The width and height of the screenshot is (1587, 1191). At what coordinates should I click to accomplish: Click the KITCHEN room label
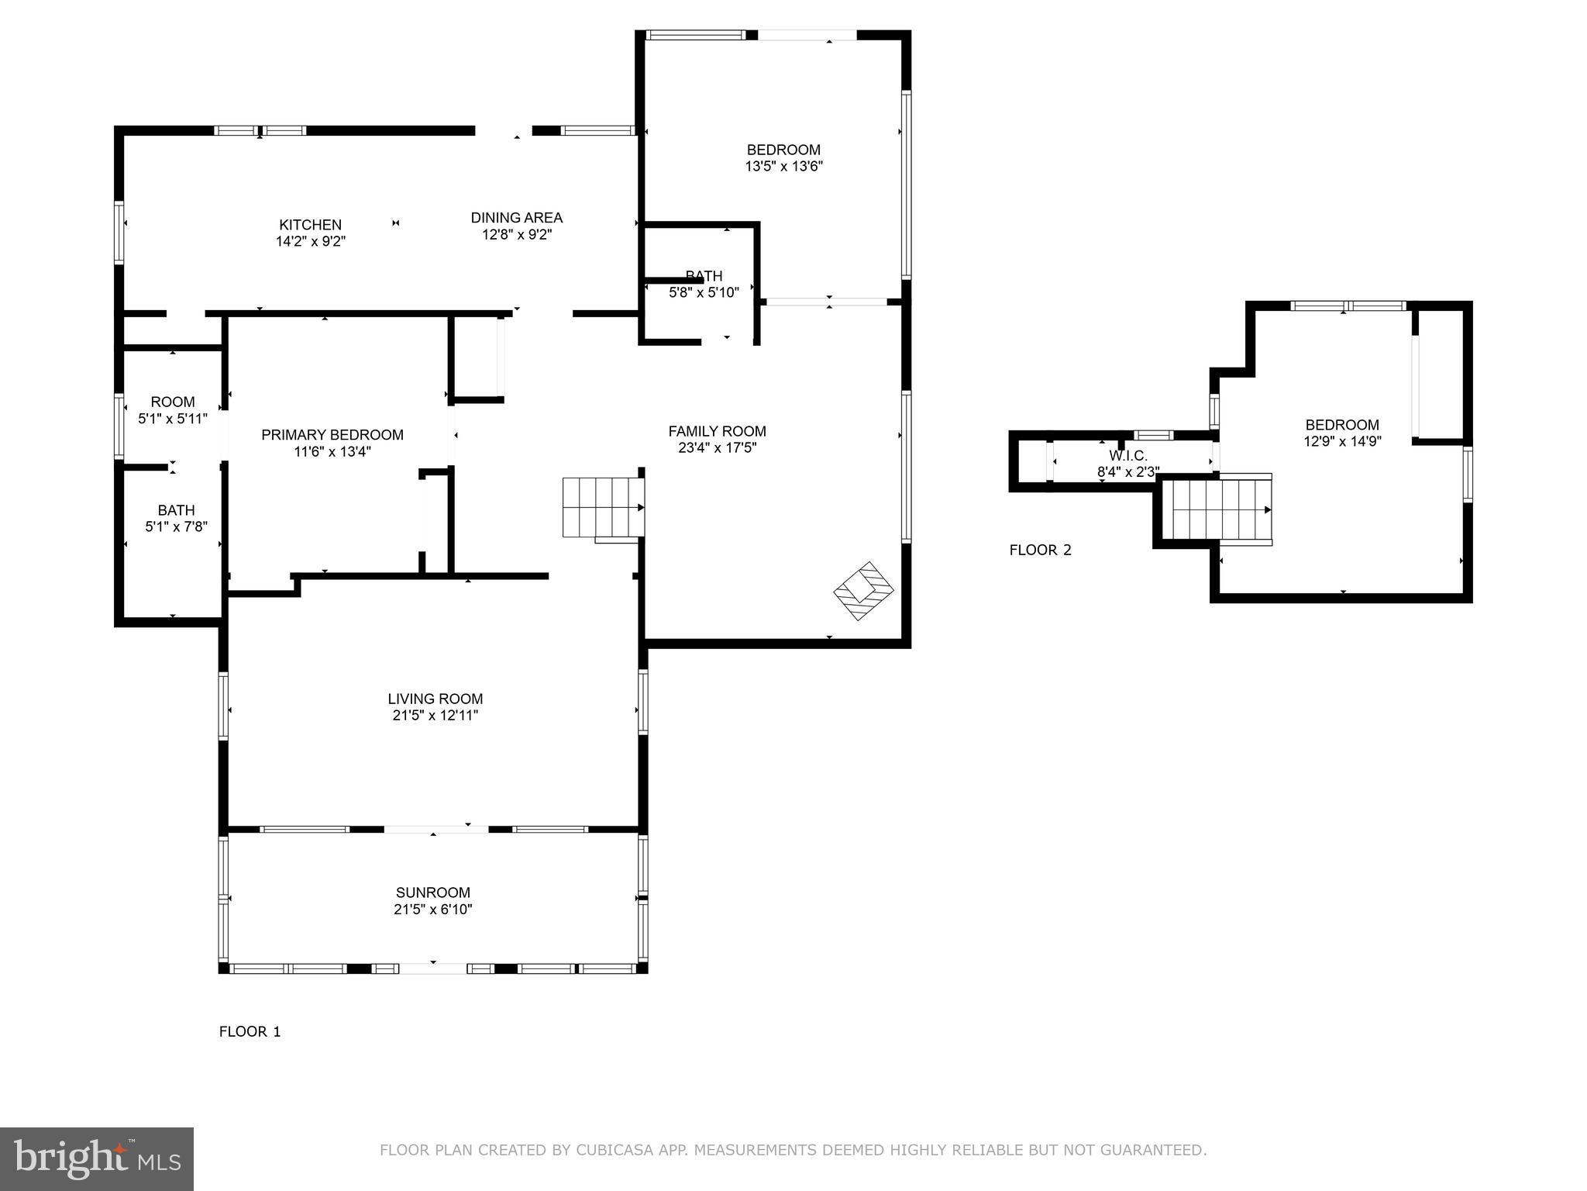click(310, 225)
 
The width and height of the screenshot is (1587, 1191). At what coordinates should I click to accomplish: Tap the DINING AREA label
click(516, 218)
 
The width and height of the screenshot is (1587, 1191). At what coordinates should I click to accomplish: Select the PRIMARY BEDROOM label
click(332, 435)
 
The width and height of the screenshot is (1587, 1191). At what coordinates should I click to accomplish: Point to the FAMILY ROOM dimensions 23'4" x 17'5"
click(717, 448)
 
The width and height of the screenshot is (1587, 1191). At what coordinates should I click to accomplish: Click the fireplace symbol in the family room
click(864, 591)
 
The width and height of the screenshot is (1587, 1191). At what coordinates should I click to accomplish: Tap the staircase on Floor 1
click(602, 507)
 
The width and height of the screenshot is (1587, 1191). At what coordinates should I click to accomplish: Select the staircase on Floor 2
click(1220, 510)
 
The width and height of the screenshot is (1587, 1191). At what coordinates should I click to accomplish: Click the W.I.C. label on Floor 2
click(1127, 456)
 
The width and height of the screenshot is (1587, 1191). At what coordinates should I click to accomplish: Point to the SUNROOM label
click(432, 892)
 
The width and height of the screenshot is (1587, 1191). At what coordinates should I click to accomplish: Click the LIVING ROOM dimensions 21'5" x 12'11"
click(435, 716)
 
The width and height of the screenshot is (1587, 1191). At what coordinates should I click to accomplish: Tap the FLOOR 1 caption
click(250, 1031)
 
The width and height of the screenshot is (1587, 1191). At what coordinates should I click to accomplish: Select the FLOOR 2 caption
click(1040, 551)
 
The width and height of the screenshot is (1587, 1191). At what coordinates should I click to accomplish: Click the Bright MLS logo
click(96, 1158)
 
